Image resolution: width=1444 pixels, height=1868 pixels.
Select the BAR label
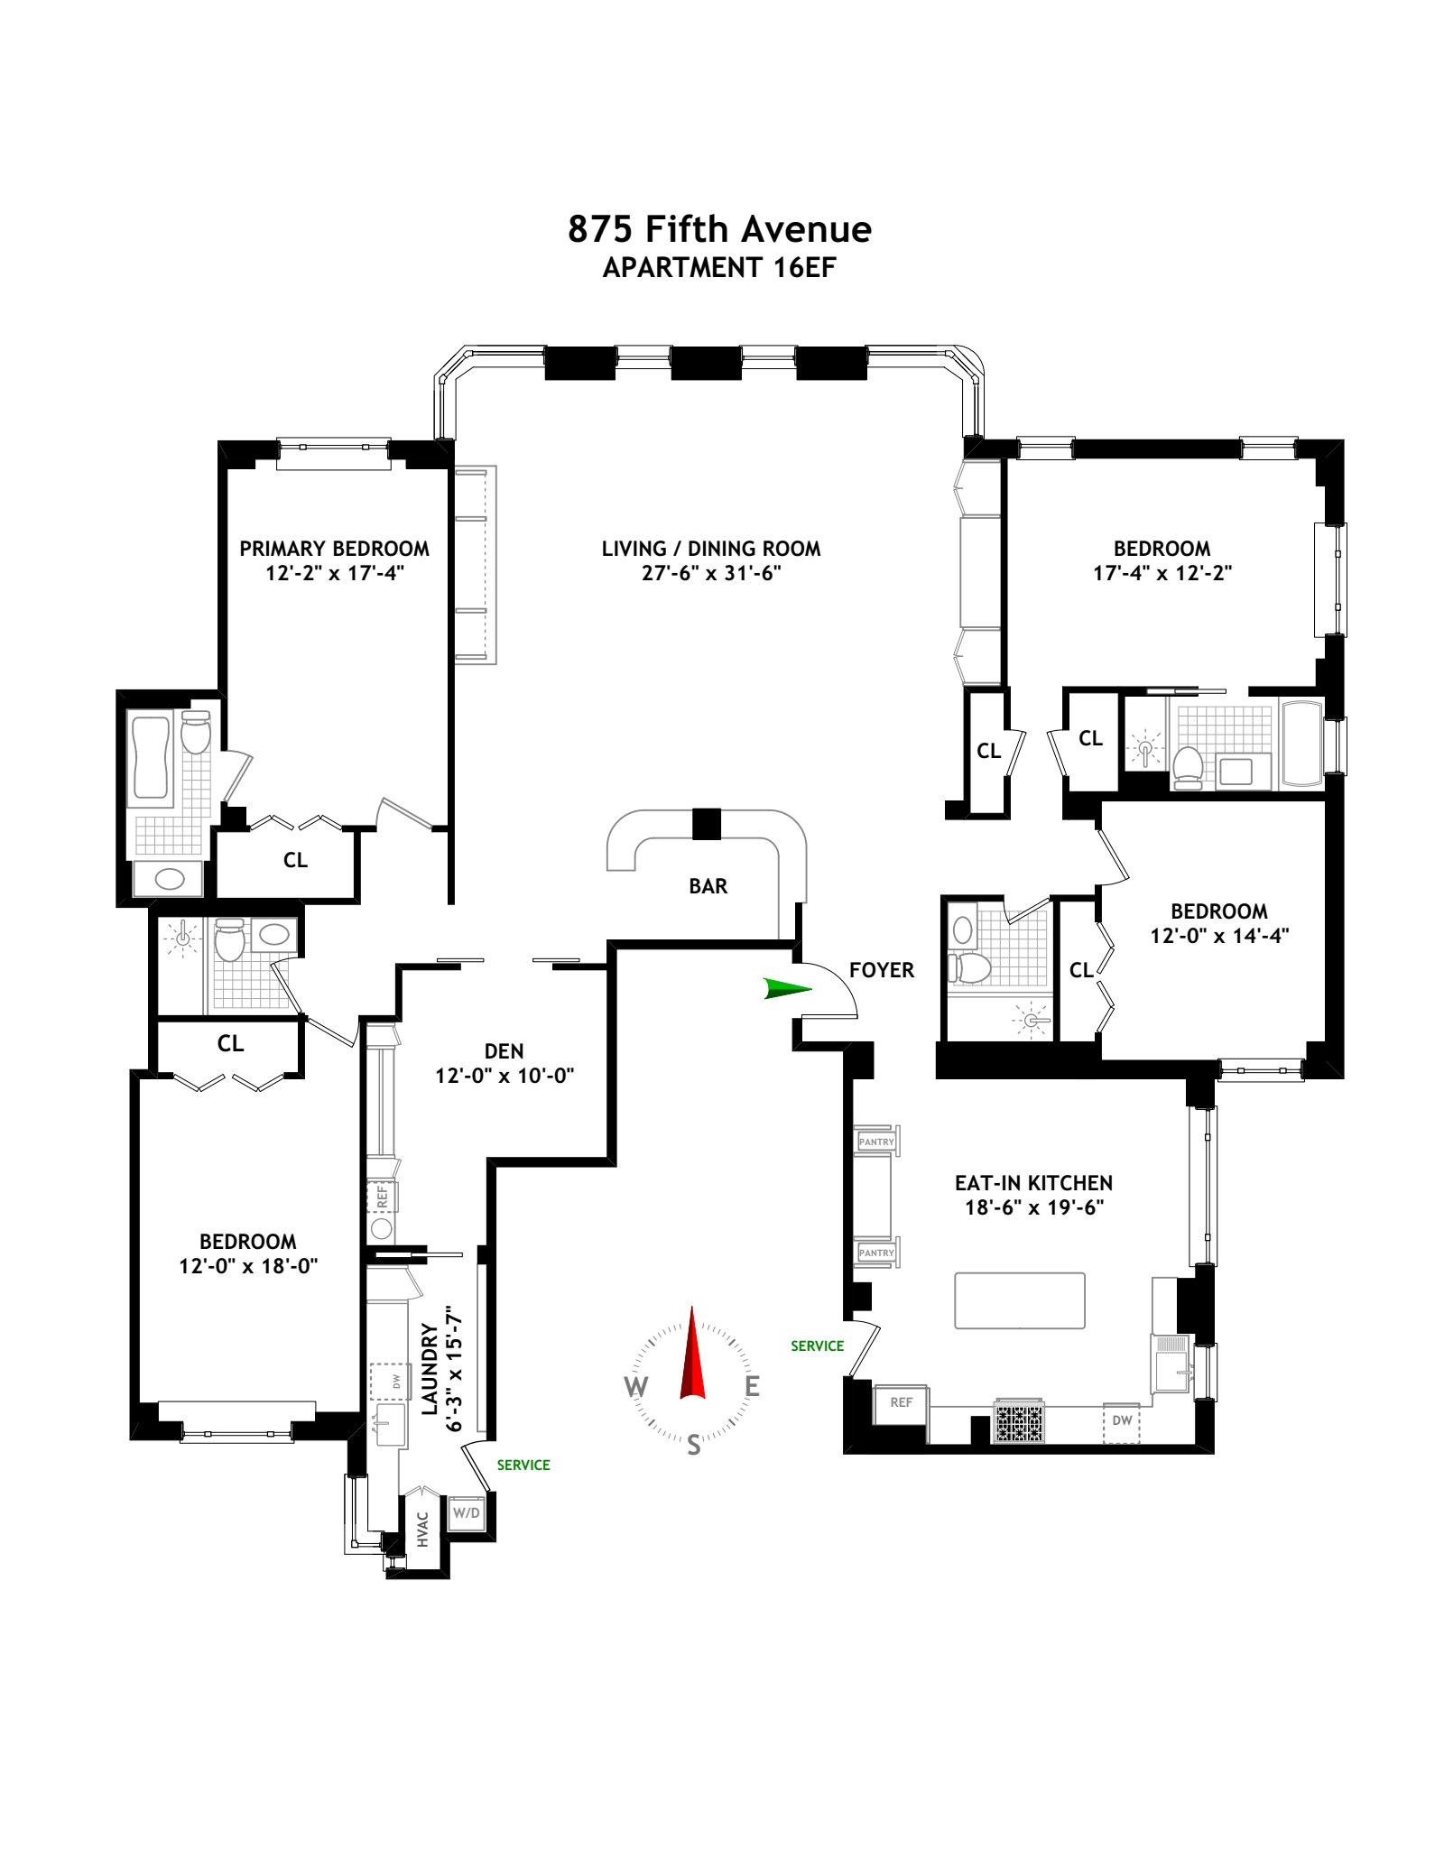click(708, 886)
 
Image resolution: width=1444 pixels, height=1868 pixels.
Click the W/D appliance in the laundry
click(467, 1512)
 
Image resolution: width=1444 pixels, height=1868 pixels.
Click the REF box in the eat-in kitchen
click(901, 1402)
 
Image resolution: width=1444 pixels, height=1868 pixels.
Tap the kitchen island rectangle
click(1020, 1300)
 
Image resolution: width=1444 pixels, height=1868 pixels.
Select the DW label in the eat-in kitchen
click(1122, 1420)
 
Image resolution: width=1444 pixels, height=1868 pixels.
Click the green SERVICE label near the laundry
click(523, 1465)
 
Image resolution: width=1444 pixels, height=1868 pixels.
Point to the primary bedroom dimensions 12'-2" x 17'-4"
click(335, 573)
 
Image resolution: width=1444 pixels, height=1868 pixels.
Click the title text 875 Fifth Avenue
click(719, 229)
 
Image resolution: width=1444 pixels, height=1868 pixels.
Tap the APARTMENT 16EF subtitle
click(719, 268)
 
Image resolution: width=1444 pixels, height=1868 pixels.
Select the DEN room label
click(504, 1051)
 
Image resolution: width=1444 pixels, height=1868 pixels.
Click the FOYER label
click(882, 970)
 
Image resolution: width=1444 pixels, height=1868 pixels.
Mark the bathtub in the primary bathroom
click(151, 756)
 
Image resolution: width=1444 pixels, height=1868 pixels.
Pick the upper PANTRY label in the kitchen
click(876, 1142)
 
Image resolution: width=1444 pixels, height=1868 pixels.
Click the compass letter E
click(752, 1386)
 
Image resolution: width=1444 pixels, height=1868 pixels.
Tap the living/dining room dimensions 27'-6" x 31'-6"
click(711, 573)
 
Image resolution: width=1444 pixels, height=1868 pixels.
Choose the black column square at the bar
click(707, 823)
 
